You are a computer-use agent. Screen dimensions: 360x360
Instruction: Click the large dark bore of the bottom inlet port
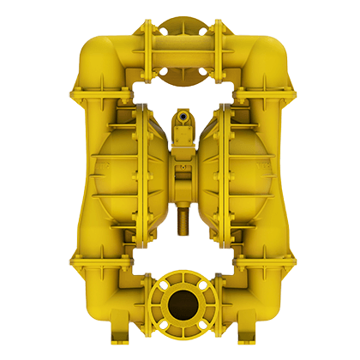click(180, 304)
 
